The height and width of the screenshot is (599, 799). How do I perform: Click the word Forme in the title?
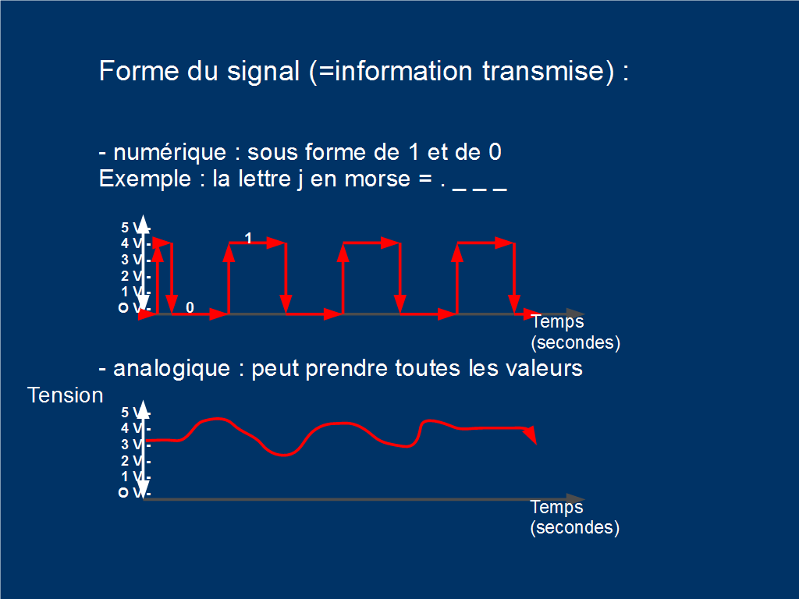pos(139,71)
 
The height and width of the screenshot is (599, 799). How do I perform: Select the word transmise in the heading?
pos(548,71)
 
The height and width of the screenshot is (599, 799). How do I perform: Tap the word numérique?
pos(169,152)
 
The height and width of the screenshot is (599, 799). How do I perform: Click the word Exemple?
pos(145,179)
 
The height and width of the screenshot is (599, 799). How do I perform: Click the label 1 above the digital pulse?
pos(248,238)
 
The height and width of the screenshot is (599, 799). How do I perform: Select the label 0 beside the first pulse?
pos(190,307)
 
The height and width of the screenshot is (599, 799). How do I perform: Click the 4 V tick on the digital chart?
pos(135,243)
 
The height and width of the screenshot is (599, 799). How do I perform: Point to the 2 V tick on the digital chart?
pos(135,276)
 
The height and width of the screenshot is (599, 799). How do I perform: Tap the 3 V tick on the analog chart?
pos(135,445)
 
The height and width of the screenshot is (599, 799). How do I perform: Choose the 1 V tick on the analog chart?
pos(135,477)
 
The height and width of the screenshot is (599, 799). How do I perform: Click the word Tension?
pos(66,395)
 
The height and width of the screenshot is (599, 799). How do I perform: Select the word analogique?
pos(172,368)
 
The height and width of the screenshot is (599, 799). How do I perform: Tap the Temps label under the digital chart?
pos(557,322)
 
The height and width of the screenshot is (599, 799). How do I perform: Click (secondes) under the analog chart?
pos(575,527)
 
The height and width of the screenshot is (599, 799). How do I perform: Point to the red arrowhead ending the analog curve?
pos(531,434)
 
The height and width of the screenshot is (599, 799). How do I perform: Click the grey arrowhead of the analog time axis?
pos(576,498)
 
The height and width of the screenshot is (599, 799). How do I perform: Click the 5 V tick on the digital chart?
pos(135,228)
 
